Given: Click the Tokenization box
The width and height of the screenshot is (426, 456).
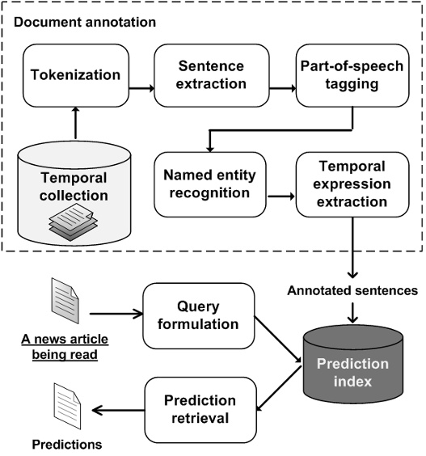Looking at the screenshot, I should click(75, 75).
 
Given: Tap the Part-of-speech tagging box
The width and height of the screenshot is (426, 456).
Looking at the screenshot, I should click(348, 75).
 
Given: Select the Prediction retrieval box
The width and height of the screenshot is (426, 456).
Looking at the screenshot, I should click(200, 411).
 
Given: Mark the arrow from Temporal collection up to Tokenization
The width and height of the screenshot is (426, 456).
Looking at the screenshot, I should click(75, 123).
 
